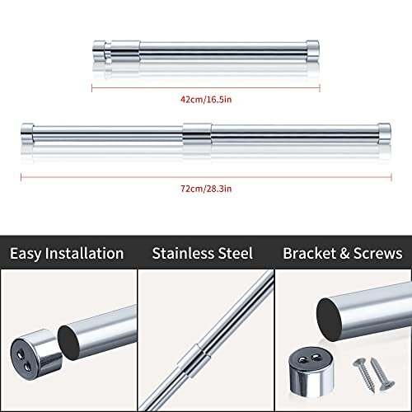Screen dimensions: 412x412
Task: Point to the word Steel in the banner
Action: coord(234,253)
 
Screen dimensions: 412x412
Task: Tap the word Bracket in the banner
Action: coord(309,253)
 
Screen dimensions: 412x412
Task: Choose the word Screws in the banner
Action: coord(377,253)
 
